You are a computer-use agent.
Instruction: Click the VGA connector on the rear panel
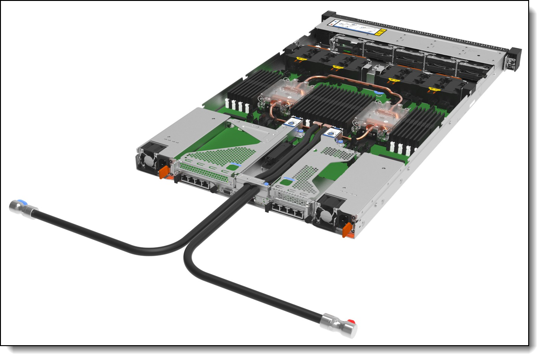coord(227,189)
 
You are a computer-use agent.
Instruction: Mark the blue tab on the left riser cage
coord(237,164)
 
